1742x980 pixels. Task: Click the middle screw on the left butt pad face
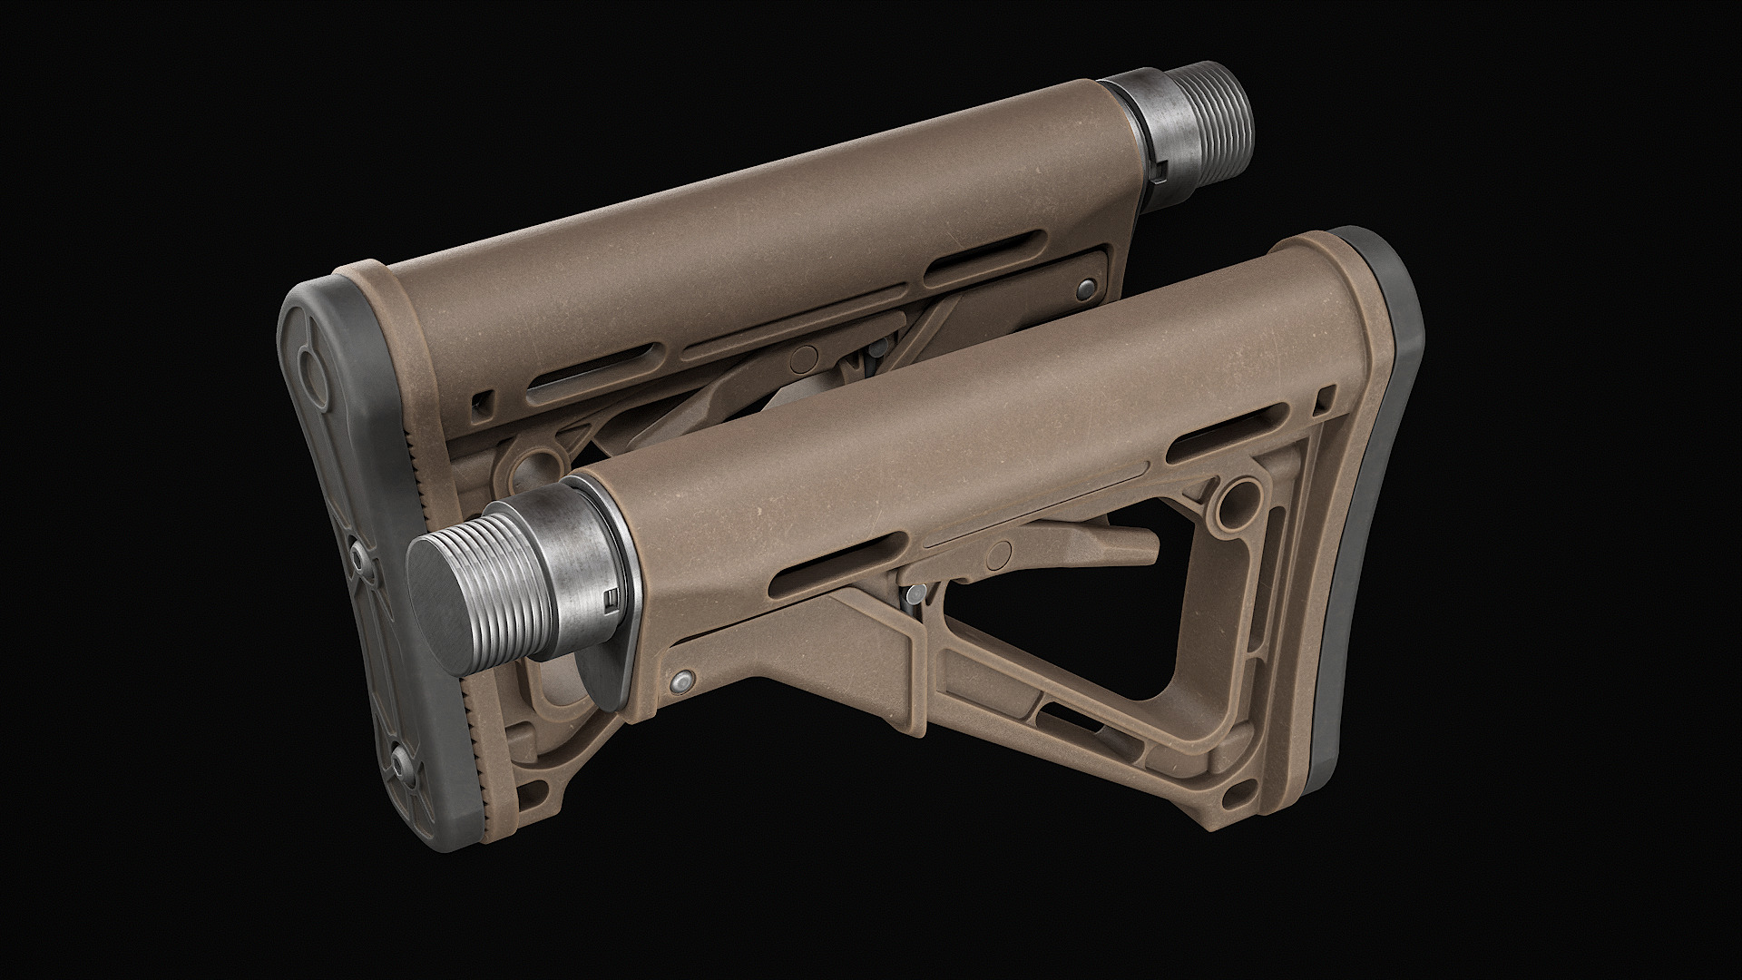[360, 554]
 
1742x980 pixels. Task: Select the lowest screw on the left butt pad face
[400, 758]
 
